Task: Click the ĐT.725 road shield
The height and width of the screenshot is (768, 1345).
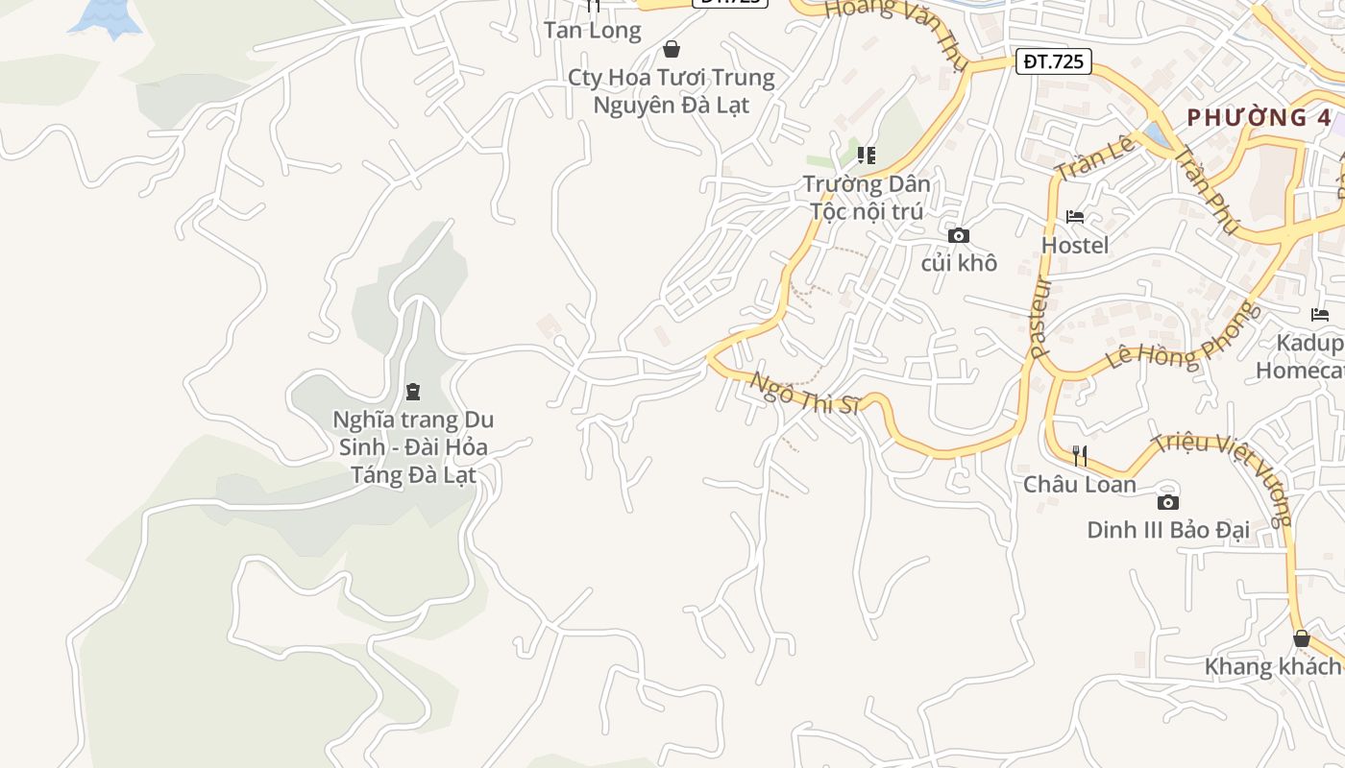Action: pyautogui.click(x=1053, y=62)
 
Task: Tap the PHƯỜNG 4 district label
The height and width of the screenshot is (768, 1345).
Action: pyautogui.click(x=1259, y=118)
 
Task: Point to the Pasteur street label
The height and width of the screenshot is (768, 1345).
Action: pyautogui.click(x=1040, y=317)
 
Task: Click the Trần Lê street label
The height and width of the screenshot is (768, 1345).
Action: pyautogui.click(x=1096, y=156)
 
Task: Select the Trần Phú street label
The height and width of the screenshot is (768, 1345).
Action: pyautogui.click(x=1208, y=189)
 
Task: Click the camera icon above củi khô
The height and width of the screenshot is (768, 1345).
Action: pyautogui.click(x=958, y=235)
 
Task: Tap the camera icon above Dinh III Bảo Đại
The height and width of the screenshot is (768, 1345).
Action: pyautogui.click(x=1167, y=502)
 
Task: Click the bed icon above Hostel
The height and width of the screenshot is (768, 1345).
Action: pyautogui.click(x=1075, y=217)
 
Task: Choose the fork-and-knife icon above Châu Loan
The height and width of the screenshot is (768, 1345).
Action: pyautogui.click(x=1080, y=456)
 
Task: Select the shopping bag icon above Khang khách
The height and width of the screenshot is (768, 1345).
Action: pyautogui.click(x=1301, y=638)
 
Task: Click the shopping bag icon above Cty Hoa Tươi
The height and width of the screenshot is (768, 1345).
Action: pyautogui.click(x=672, y=49)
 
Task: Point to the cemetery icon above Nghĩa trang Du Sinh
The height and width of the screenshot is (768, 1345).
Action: pyautogui.click(x=412, y=391)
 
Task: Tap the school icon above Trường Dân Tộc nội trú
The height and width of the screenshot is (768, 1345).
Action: pyautogui.click(x=867, y=155)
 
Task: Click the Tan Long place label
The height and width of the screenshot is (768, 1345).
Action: pyautogui.click(x=592, y=31)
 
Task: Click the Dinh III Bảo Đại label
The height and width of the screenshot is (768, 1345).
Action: pyautogui.click(x=1167, y=530)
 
